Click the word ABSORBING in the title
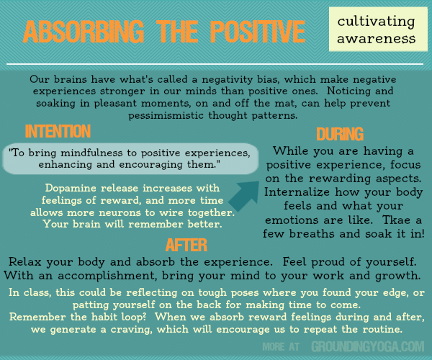(x=81, y=32)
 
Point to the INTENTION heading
(x=58, y=132)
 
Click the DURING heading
(x=339, y=135)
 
